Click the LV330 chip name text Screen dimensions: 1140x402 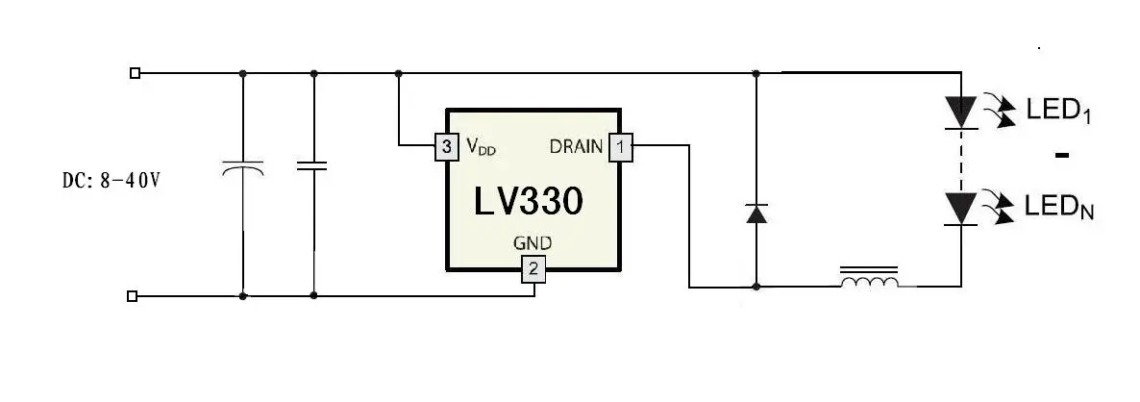pos(529,201)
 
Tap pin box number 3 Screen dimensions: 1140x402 pos(446,147)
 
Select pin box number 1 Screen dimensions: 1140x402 pos(620,147)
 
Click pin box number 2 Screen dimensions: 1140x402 pos(533,269)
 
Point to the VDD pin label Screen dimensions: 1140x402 pos(482,147)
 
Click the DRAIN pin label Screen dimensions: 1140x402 pos(576,147)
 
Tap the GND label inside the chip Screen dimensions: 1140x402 pos(533,242)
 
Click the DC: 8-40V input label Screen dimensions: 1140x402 pos(111,180)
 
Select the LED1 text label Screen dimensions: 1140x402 pos(1058,112)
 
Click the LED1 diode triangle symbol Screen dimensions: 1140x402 pos(961,113)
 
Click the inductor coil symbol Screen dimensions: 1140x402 pos(870,279)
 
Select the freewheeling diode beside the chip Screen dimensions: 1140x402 pos(756,214)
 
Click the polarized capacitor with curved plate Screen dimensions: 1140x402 pos(243,169)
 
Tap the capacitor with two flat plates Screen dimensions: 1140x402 pos(313,166)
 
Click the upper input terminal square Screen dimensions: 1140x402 pos(133,73)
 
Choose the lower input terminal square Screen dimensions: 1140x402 pos(133,296)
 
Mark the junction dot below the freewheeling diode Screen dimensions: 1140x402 pos(756,288)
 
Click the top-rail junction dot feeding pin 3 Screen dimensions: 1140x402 pos(398,73)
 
